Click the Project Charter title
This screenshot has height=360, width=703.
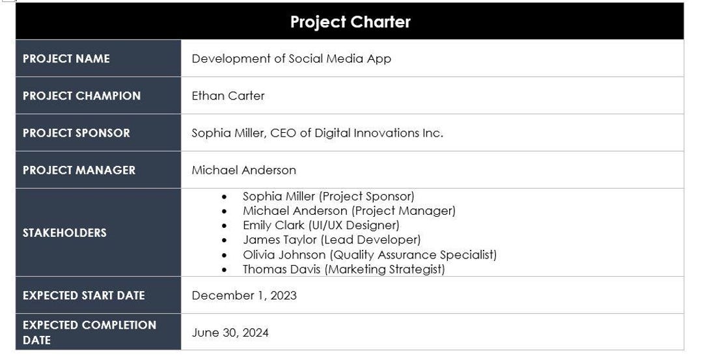point(350,22)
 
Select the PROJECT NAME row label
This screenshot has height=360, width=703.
point(66,59)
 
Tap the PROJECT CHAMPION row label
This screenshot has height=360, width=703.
point(81,96)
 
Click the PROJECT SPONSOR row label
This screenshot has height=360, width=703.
point(76,133)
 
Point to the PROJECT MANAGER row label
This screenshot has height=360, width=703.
point(79,170)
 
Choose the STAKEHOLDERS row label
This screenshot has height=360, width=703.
point(64,232)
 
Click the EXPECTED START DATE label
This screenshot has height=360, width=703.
point(83,296)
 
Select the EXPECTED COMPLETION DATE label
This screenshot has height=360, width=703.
point(89,332)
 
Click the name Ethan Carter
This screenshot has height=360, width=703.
point(228,96)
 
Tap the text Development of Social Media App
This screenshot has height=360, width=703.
point(291,59)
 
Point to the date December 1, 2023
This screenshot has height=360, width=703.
point(244,296)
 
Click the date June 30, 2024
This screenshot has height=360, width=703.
point(230,333)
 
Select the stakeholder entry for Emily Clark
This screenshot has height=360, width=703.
point(321,225)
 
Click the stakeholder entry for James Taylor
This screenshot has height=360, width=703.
point(331,240)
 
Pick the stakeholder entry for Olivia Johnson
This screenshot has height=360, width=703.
point(369,255)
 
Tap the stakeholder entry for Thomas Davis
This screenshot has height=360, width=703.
point(343,270)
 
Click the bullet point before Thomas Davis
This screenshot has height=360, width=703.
point(225,270)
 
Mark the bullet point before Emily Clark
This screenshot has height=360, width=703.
point(225,226)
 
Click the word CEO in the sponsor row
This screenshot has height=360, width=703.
point(286,133)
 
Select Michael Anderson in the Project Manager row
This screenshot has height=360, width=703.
point(243,170)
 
